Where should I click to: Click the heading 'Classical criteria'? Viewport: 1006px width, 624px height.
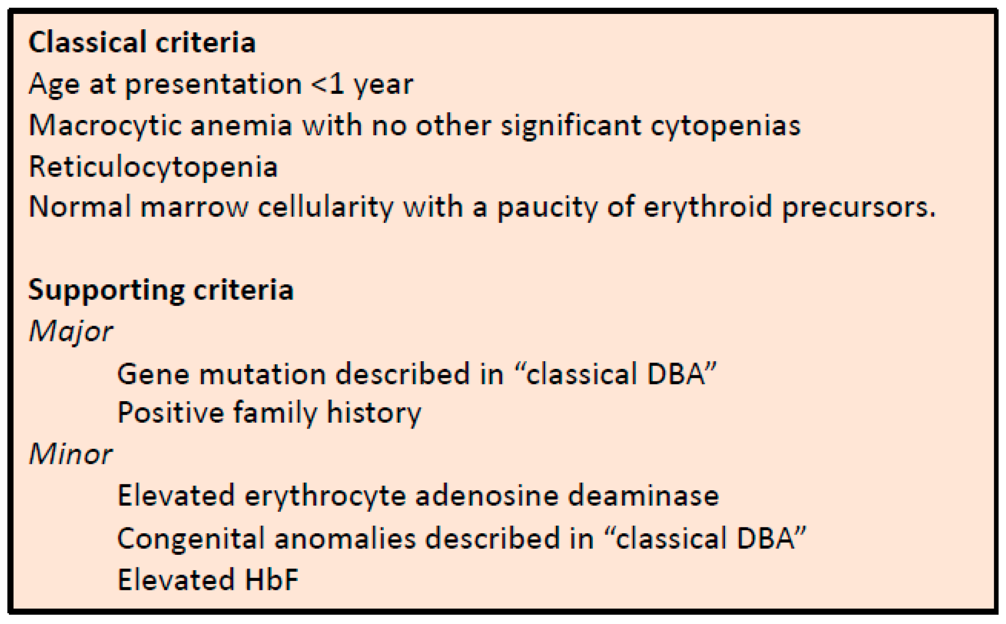tap(142, 43)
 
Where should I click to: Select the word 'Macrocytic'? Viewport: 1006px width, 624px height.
tap(105, 126)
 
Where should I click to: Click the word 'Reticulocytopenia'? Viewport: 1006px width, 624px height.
tap(153, 168)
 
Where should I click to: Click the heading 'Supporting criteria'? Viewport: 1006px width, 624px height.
tap(161, 291)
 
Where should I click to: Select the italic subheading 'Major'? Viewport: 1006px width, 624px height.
tap(71, 332)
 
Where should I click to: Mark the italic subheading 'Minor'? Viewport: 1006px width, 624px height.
tap(71, 454)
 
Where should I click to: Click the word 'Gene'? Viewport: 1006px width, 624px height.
tap(153, 374)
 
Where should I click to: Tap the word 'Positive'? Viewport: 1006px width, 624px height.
tap(170, 412)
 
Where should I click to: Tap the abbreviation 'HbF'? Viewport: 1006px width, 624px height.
tap(272, 580)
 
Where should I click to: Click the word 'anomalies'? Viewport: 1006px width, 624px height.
tap(345, 538)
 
